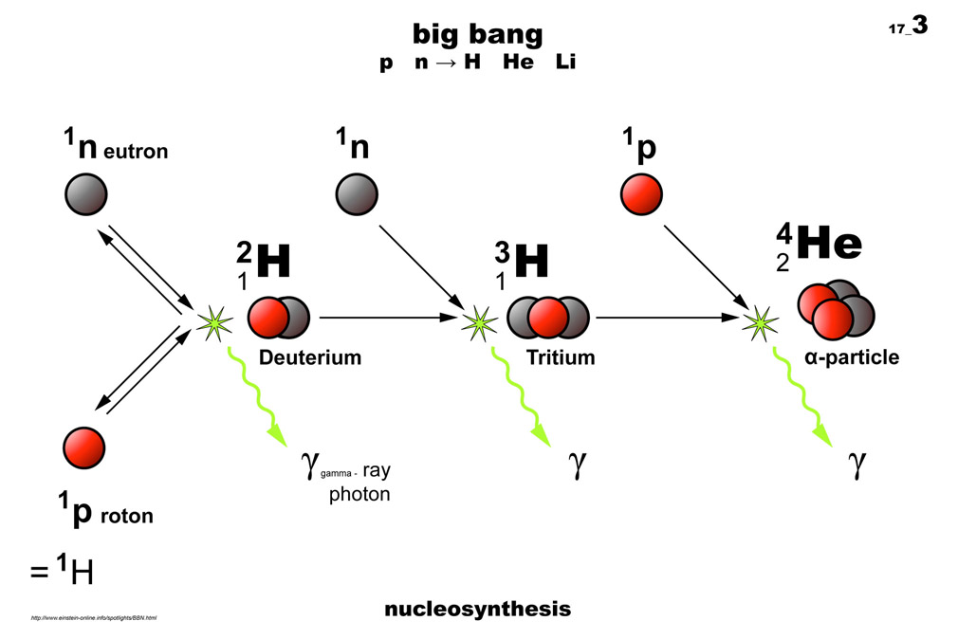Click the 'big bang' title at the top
(477, 34)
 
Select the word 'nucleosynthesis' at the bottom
(477, 609)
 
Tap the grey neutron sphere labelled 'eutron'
(85, 195)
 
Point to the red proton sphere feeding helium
(640, 194)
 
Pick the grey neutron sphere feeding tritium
(357, 194)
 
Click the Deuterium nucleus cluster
(279, 318)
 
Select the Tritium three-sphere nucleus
(547, 318)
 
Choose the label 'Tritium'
(561, 358)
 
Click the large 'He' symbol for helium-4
(829, 245)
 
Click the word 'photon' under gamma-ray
(359, 494)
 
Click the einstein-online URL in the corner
(93, 618)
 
